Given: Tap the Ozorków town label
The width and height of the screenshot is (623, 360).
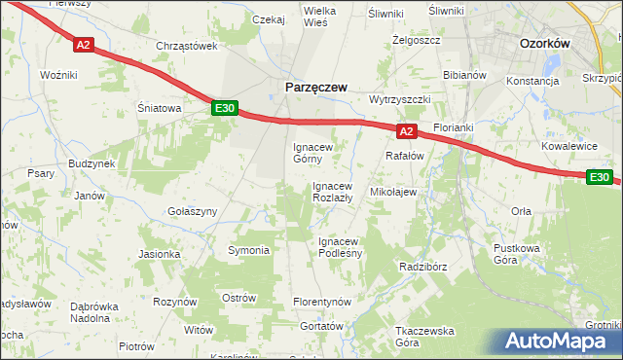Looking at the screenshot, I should coord(544,44).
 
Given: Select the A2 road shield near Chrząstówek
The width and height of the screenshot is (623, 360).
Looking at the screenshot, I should coord(84,45).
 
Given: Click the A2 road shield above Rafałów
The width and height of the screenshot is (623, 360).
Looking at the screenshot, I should coord(407,130).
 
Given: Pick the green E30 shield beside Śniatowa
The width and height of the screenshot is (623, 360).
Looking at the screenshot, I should coord(224,109).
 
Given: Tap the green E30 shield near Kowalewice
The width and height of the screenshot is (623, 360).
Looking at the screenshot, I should coord(600,176).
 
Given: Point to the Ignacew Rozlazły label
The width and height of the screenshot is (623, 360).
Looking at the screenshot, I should coord(339,192).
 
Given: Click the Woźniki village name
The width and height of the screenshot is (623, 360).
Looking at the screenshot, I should coord(58,75).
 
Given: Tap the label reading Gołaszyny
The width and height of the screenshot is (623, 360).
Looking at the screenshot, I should coord(192,211).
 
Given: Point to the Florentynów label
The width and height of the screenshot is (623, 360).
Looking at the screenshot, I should coord(322,303).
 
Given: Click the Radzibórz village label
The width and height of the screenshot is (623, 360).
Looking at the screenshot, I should coord(422,266).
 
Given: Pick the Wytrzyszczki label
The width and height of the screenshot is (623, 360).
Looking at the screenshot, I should coord(400,100).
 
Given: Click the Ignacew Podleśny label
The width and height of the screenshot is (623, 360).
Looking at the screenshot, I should coord(341,247).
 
